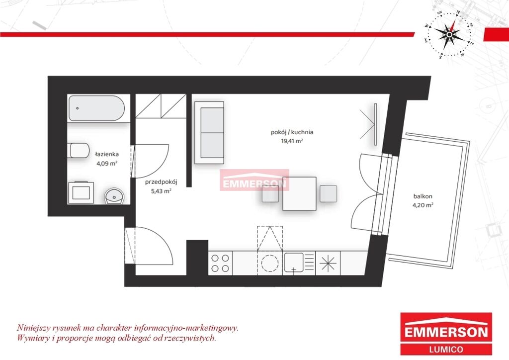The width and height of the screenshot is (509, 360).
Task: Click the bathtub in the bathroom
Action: pyautogui.click(x=96, y=108)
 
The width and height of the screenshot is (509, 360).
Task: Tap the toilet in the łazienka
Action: pyautogui.click(x=80, y=150)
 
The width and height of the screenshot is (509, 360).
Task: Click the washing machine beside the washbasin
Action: pyautogui.click(x=81, y=192)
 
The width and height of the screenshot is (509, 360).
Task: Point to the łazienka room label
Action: pyautogui.click(x=107, y=154)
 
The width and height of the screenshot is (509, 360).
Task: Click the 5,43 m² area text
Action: pyautogui.click(x=161, y=191)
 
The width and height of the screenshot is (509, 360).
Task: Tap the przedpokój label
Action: pyautogui.click(x=161, y=182)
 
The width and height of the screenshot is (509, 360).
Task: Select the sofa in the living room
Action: pyautogui.click(x=209, y=132)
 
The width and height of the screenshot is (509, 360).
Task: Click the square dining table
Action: pyautogui.click(x=299, y=193)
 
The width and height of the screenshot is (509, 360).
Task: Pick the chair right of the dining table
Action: pyautogui.click(x=328, y=193)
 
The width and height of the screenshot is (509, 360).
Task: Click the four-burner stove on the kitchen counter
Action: pyautogui.click(x=220, y=263)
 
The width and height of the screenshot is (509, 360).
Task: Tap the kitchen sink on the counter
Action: pyautogui.click(x=299, y=263)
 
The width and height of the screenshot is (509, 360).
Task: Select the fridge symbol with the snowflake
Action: pyautogui.click(x=328, y=263)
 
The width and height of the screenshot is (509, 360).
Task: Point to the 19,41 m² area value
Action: pyautogui.click(x=292, y=141)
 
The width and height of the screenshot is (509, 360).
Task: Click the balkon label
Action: pyautogui.click(x=423, y=196)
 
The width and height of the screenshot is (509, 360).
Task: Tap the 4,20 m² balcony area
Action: pyautogui.click(x=423, y=205)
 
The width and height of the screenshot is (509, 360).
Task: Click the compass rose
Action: pyautogui.click(x=449, y=34)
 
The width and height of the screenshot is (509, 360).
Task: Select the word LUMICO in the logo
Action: pyautogui.click(x=446, y=349)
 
